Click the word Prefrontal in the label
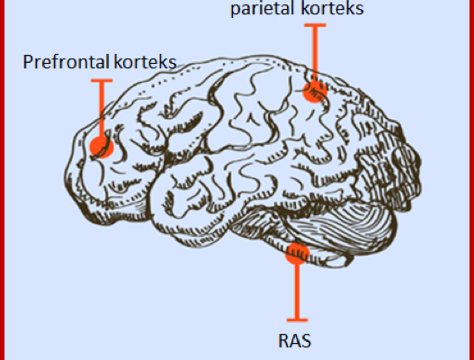[66, 62]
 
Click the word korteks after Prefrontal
[146, 62]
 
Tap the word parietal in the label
[264, 8]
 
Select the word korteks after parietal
[333, 8]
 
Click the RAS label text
[294, 341]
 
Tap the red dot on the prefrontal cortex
[102, 147]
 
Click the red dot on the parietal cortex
[315, 91]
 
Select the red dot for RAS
[298, 254]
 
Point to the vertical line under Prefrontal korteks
[102, 110]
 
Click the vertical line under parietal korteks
[315, 54]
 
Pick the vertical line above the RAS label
[298, 291]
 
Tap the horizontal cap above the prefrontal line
[102, 80]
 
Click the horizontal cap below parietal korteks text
[315, 25]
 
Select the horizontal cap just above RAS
[298, 319]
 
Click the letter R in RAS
[283, 341]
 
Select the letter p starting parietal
[235, 10]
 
